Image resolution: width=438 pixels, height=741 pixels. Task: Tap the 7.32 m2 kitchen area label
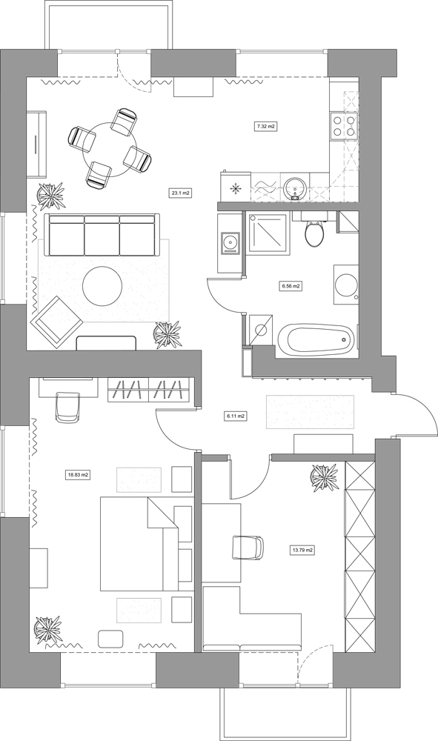pos(265,127)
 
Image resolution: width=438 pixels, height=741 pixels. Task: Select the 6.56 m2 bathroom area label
pos(291,286)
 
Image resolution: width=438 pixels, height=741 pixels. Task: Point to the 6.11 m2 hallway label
pos(235,416)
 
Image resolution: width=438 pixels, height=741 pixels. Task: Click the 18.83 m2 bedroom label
pos(79,475)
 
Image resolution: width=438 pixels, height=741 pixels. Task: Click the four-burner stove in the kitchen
pos(343,126)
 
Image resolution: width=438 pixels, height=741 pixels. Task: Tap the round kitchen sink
pos(295,187)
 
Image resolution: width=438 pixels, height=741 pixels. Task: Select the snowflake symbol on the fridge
pos(235,189)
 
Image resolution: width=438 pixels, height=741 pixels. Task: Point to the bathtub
pos(316,339)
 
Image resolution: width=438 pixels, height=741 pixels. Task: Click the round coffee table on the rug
pos(102,286)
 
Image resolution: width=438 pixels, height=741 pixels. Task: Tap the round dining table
pos(110,149)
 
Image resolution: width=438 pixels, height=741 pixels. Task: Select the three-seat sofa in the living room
pos(102,235)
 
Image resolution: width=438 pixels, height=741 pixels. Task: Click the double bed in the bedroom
pos(139,543)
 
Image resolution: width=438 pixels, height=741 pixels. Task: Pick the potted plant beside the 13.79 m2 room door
pos(325,476)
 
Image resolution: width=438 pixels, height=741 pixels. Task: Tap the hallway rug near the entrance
pos(310,411)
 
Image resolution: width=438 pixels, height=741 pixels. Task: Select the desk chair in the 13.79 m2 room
pos(248,548)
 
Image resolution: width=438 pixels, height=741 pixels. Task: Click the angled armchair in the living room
pos(57,320)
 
